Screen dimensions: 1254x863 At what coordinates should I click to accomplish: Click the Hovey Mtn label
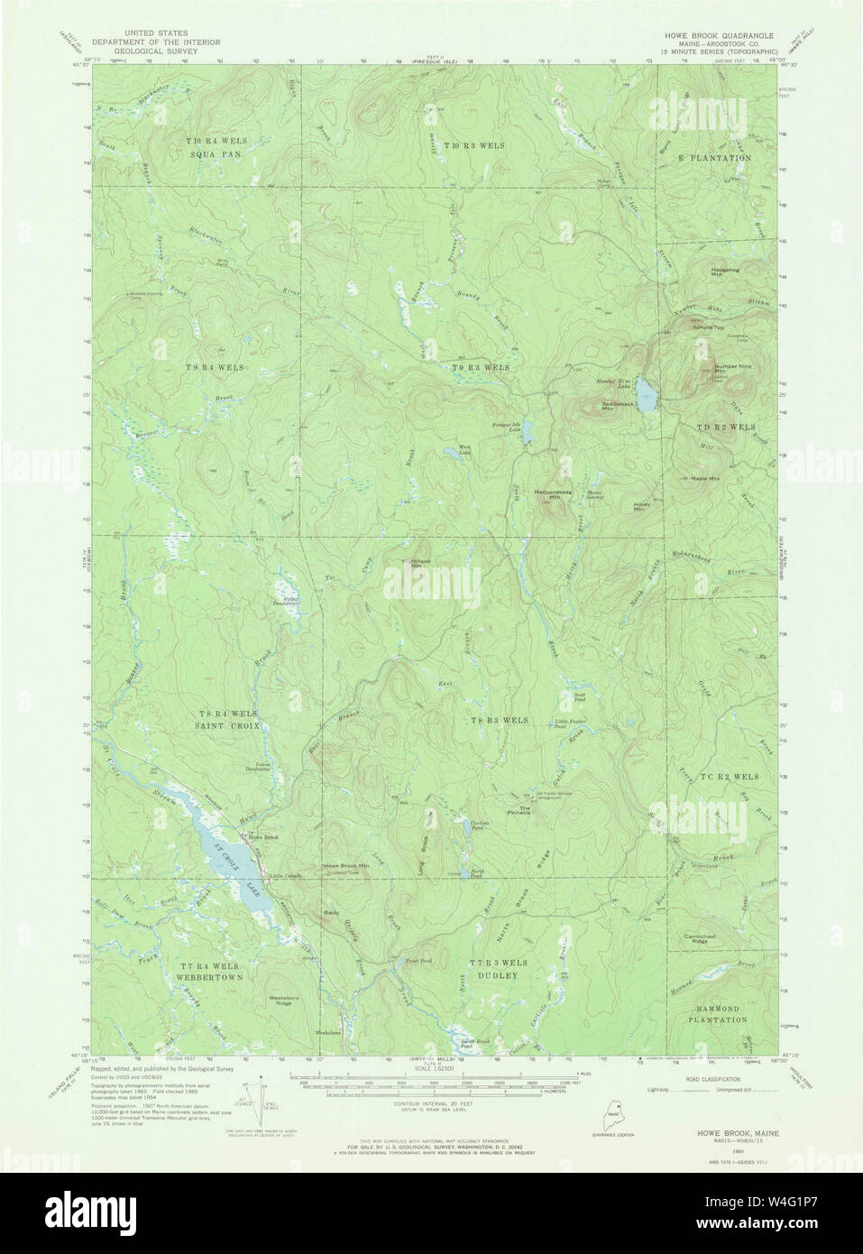642,507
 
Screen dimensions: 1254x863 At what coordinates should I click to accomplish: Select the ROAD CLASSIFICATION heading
712,1078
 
